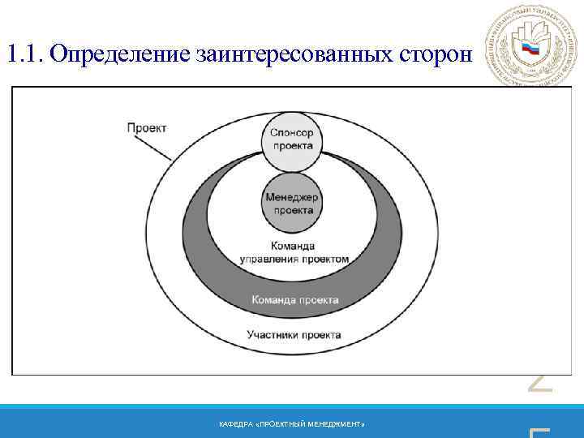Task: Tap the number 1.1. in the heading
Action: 24,54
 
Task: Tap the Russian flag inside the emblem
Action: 530,49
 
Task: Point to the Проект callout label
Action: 147,127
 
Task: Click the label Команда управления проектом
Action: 294,252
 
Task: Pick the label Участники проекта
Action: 294,334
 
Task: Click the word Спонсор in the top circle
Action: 292,133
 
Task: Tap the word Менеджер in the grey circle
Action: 292,197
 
